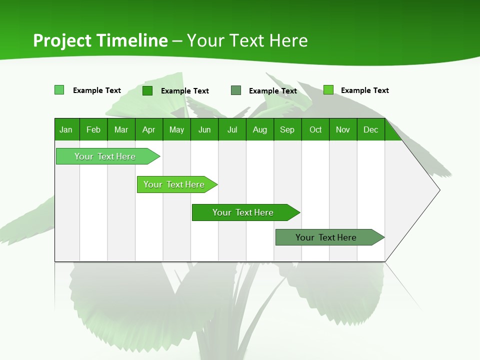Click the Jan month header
tap(66, 129)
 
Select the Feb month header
tap(93, 129)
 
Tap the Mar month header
tap(121, 129)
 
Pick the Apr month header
tap(148, 129)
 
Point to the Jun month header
tap(204, 129)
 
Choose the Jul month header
tap(232, 129)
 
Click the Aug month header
tap(259, 129)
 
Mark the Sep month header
tap(287, 129)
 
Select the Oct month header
tap(315, 129)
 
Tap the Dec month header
tap(370, 129)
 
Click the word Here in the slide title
tap(288, 40)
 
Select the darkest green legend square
tap(147, 90)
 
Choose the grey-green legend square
tap(236, 90)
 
